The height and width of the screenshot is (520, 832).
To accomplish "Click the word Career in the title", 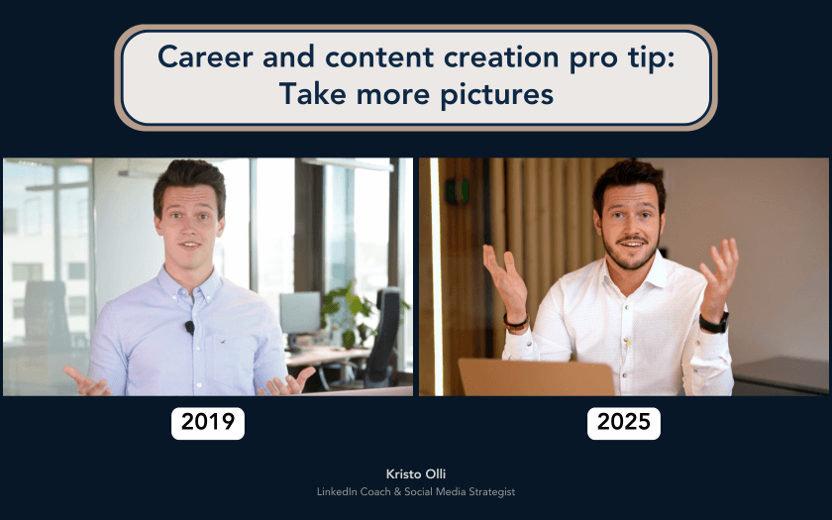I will pyautogui.click(x=204, y=57).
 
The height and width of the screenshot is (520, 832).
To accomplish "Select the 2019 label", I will pyautogui.click(x=208, y=423).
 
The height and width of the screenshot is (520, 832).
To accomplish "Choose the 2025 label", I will pyautogui.click(x=624, y=423).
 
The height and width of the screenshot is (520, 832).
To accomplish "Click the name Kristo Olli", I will pyautogui.click(x=415, y=474).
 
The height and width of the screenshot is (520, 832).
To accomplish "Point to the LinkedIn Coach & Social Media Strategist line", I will pyautogui.click(x=415, y=492).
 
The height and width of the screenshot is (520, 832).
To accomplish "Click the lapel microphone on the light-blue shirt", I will pyautogui.click(x=189, y=327).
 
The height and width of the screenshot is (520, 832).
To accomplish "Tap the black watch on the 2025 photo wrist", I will pyautogui.click(x=713, y=323).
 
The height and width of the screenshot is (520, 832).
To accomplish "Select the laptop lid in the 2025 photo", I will pyautogui.click(x=536, y=377).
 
